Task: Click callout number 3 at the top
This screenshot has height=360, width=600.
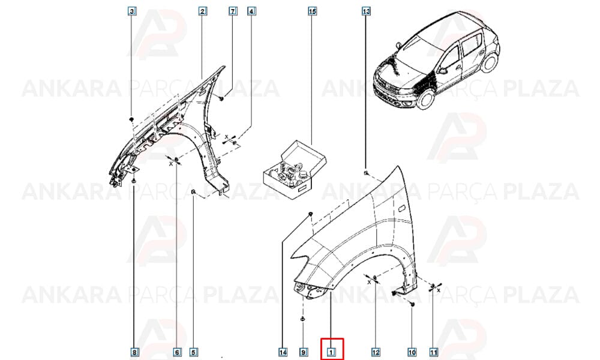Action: [x=132, y=11]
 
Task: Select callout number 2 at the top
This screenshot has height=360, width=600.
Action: [x=203, y=11]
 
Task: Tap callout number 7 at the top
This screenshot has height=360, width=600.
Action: [x=233, y=11]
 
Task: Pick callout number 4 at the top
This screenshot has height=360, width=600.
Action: [x=251, y=11]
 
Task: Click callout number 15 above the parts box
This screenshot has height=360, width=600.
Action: [x=312, y=11]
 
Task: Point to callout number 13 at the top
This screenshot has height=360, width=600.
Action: [x=366, y=11]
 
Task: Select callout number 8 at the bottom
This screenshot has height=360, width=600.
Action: [x=134, y=352]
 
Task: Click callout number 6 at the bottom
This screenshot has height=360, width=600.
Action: [x=177, y=352]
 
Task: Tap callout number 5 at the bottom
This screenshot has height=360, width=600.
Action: [x=194, y=352]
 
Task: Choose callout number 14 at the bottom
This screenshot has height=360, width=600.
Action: [x=283, y=352]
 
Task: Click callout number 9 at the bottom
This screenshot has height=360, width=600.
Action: [x=303, y=352]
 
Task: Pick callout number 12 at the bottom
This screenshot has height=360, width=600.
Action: [x=376, y=352]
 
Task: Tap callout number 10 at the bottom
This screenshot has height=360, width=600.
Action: [x=412, y=352]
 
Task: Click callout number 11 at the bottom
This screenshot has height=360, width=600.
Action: [x=433, y=352]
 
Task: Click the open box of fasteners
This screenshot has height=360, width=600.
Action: [x=294, y=170]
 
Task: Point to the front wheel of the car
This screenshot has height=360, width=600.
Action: [x=426, y=97]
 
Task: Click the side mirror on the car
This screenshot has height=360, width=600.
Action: [x=443, y=71]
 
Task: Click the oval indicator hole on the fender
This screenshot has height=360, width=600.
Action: [x=401, y=209]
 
